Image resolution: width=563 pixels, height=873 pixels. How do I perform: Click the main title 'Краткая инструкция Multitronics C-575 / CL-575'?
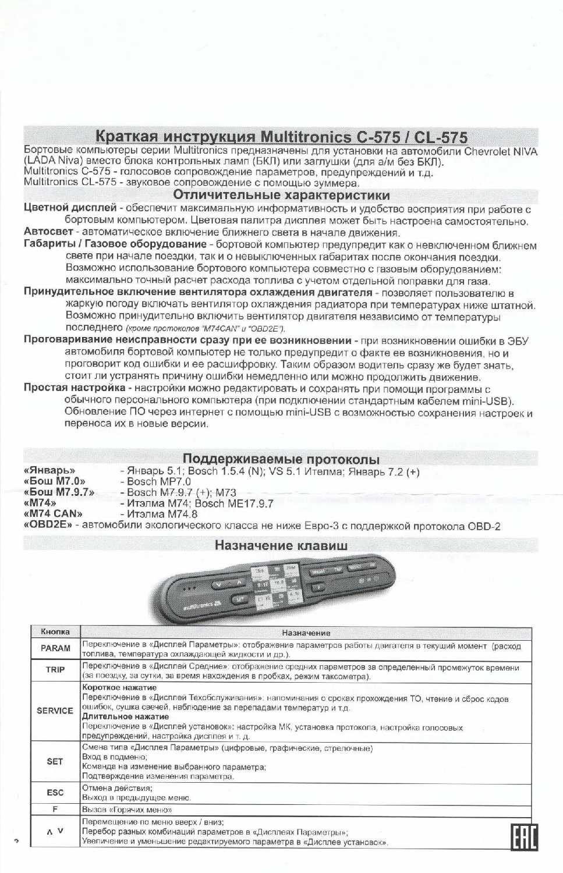tap(281, 137)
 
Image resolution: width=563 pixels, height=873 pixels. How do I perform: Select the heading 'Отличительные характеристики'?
tap(281, 195)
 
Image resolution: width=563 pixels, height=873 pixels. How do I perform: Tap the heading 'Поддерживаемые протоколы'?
tap(281, 459)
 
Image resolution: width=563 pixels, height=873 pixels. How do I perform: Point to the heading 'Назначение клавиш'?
tap(281, 545)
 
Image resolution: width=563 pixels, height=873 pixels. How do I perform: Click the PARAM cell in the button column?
tap(55, 648)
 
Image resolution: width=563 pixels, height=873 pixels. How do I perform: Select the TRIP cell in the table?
tap(55, 670)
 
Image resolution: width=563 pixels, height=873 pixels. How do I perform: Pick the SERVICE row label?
tap(55, 711)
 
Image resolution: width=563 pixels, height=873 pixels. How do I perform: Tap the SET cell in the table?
tap(55, 761)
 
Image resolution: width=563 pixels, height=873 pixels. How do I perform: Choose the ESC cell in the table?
tap(55, 792)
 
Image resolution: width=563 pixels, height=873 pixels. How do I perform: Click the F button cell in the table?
tap(55, 809)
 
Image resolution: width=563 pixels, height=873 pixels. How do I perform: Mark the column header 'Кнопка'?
tap(55, 631)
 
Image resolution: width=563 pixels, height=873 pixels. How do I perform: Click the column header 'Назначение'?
tap(306, 633)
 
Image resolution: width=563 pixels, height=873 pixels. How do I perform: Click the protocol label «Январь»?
tap(49, 470)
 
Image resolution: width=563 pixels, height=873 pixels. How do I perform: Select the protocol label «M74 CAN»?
tap(53, 513)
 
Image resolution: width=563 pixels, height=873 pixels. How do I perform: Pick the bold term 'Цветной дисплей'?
tap(70, 207)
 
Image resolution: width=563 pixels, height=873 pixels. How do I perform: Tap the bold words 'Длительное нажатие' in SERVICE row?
tap(125, 716)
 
